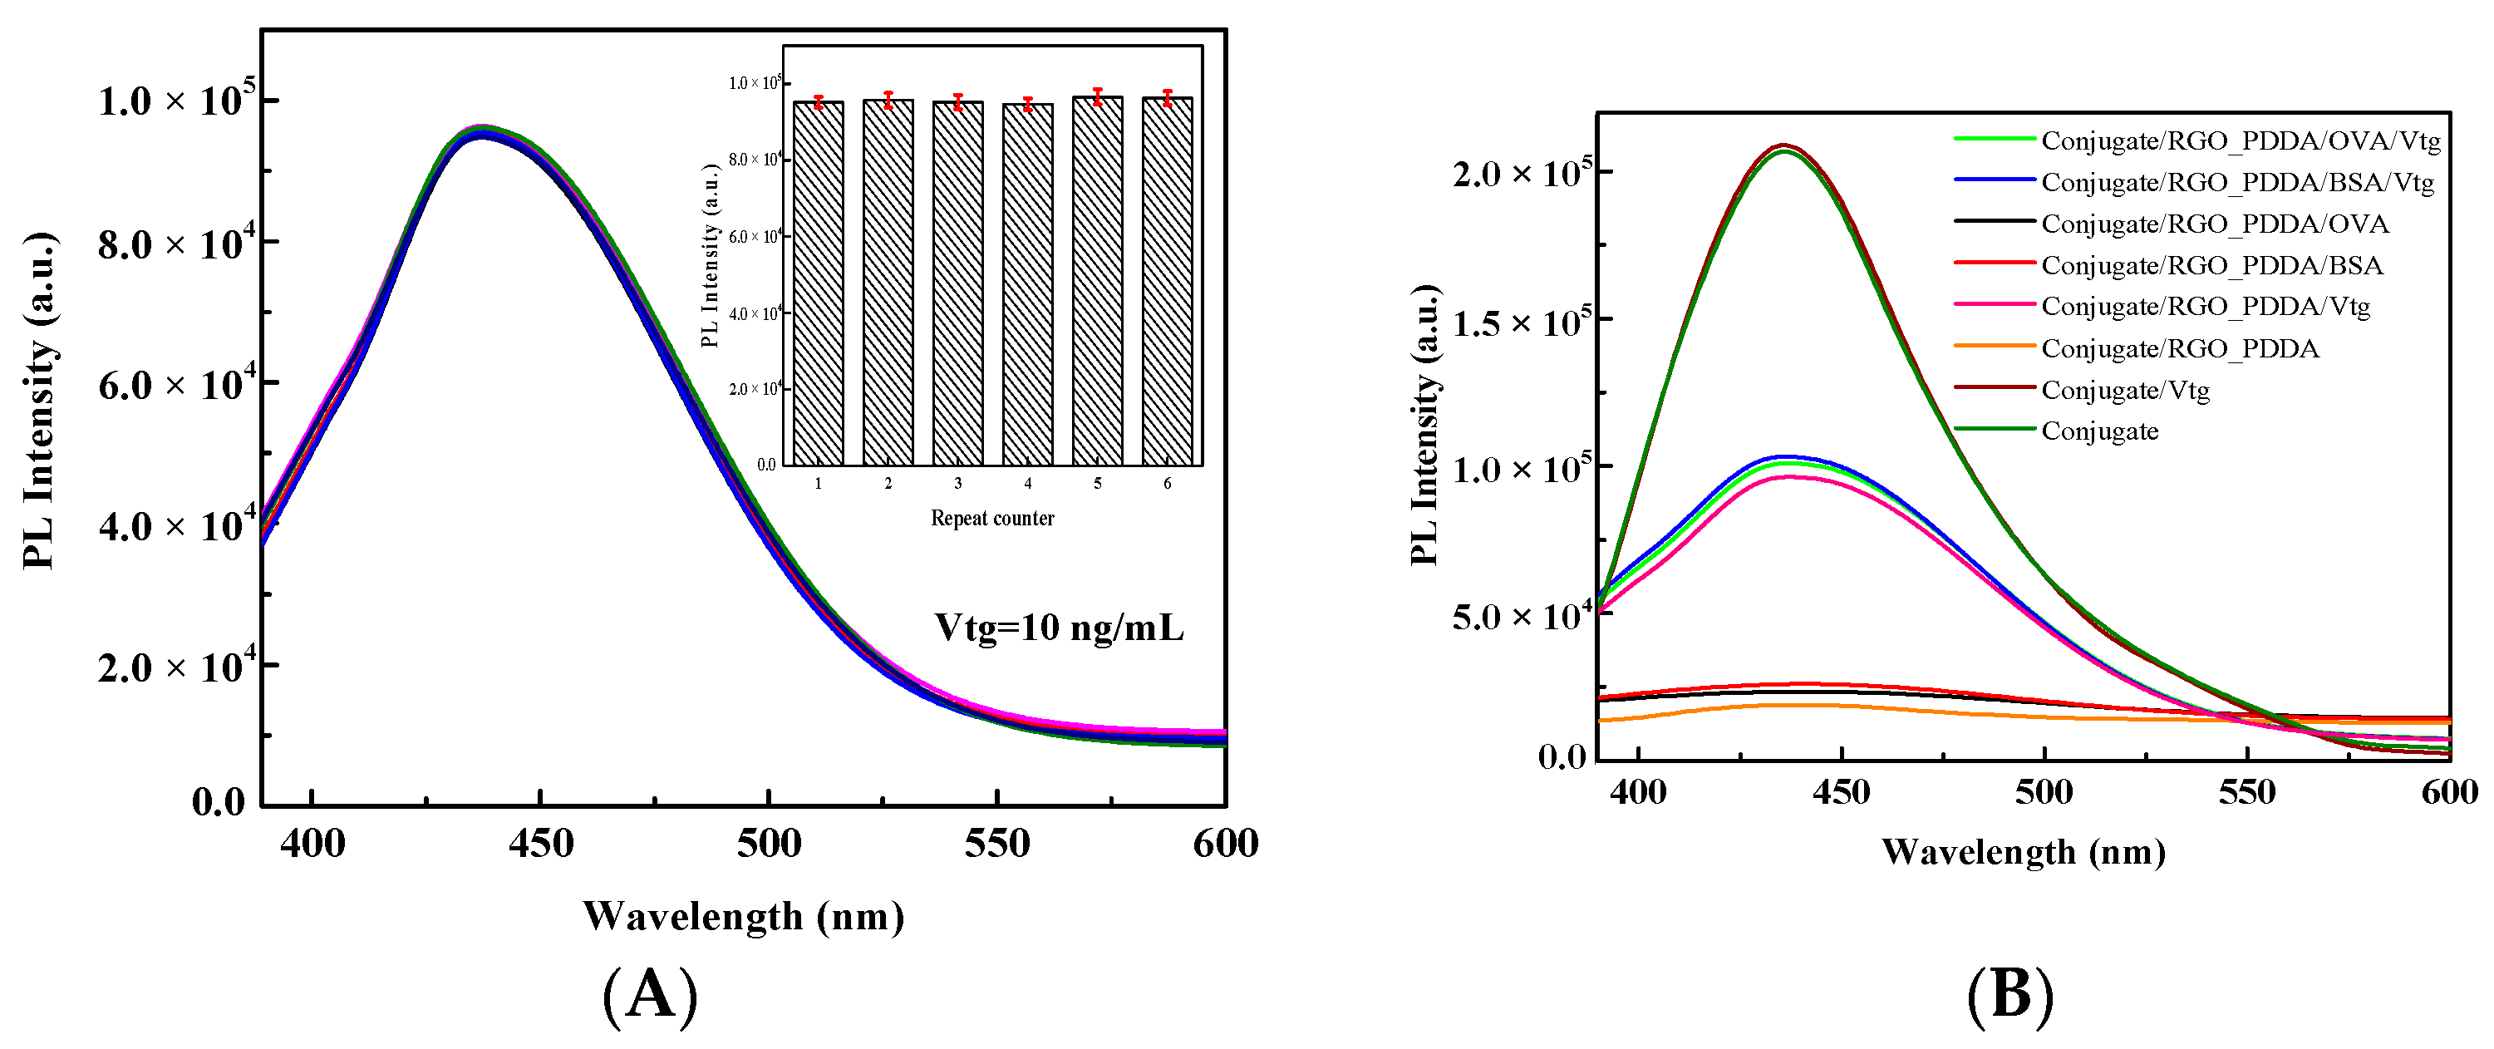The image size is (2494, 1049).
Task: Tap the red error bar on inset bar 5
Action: point(1097,96)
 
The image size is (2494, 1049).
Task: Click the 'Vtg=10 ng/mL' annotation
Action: point(1058,628)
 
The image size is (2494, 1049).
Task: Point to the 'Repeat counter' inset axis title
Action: point(992,518)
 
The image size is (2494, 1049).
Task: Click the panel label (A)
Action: point(650,996)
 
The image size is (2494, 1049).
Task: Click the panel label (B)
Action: point(2010,996)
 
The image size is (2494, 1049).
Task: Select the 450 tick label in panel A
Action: point(540,844)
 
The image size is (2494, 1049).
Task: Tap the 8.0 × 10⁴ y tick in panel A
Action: point(176,243)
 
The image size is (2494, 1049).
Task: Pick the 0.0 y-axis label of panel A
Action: point(218,802)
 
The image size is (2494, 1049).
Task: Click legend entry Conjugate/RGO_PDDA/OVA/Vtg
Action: point(2241,141)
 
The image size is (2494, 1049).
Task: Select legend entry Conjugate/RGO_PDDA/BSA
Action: point(2211,265)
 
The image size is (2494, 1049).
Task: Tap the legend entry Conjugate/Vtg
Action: point(2125,391)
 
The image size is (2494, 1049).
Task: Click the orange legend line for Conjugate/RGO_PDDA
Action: point(1994,346)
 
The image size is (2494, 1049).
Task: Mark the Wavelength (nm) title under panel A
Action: point(743,915)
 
